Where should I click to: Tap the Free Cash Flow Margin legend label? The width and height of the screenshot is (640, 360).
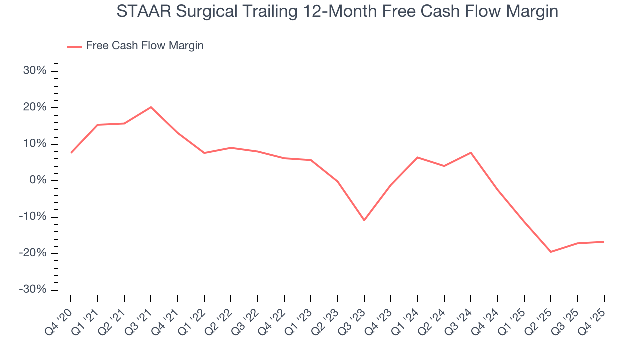(x=145, y=46)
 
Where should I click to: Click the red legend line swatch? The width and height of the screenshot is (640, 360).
(x=75, y=46)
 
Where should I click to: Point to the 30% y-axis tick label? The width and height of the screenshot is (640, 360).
(x=35, y=71)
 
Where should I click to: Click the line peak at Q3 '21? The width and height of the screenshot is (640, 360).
(x=151, y=107)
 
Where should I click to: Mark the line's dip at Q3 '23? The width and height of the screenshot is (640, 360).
(x=364, y=220)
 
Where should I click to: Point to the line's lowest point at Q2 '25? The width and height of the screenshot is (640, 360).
(x=551, y=252)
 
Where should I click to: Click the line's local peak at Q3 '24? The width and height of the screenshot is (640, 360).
(x=471, y=152)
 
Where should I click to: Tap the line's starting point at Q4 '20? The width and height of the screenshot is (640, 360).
(x=71, y=153)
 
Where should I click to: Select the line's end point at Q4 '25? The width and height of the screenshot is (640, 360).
(x=604, y=242)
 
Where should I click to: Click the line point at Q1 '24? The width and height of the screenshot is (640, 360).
(x=417, y=157)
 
